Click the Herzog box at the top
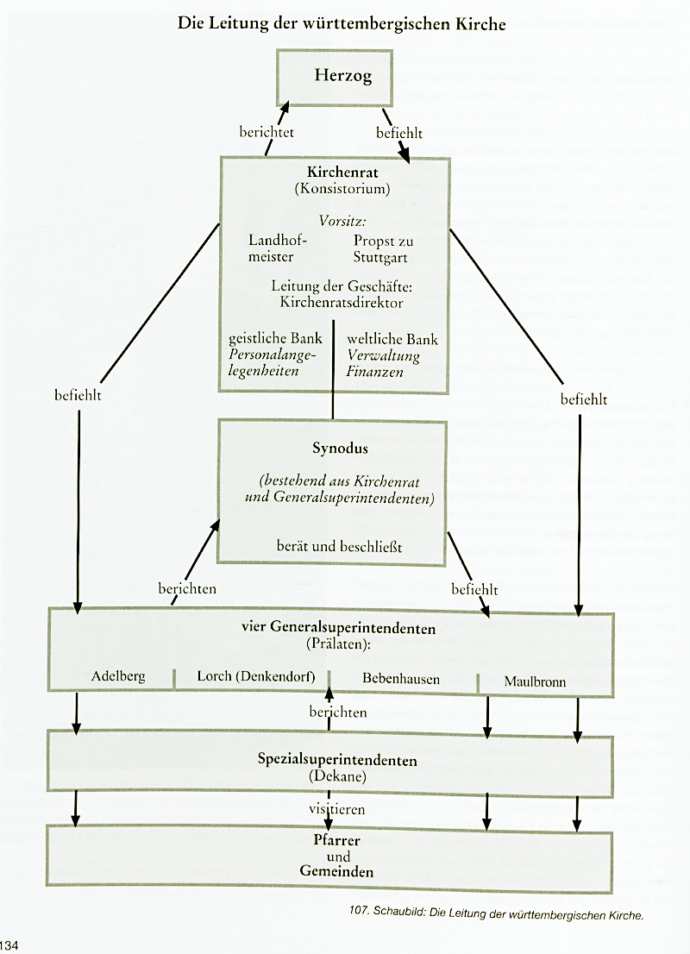[335, 77]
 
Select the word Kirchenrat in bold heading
[335, 172]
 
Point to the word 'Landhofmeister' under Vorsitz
[272, 248]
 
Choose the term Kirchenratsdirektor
[341, 303]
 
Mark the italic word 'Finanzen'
[373, 371]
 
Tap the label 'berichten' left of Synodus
[187, 588]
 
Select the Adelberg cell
[118, 676]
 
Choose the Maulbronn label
[535, 681]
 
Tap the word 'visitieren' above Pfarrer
[337, 809]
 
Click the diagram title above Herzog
[342, 24]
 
